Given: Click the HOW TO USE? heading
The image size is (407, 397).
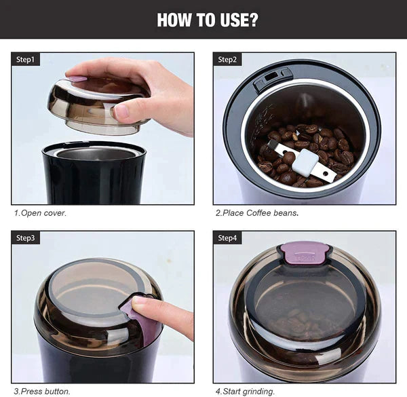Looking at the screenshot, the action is coord(208,20).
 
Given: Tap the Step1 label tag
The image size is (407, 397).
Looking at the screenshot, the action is coord(26,60).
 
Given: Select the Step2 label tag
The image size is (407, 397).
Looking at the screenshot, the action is coord(227,60).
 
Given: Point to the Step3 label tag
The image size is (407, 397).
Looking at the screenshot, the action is coord(26,238).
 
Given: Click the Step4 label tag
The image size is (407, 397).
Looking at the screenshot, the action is coord(227,238).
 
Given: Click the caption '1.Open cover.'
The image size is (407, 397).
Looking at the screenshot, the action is coord(40,213).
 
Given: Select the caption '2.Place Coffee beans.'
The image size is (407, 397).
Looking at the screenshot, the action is coord(257,213).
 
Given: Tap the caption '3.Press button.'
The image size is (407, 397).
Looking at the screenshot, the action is coord(42,392).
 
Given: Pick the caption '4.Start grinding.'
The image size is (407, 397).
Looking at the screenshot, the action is coord(245,392).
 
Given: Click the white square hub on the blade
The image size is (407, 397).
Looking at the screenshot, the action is coord(305,163).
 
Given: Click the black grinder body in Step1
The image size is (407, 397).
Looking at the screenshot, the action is coord(94,172).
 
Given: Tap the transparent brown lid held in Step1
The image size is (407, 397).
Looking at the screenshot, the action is coord(98,107).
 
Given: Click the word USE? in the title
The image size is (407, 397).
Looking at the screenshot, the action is coord(239,20).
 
